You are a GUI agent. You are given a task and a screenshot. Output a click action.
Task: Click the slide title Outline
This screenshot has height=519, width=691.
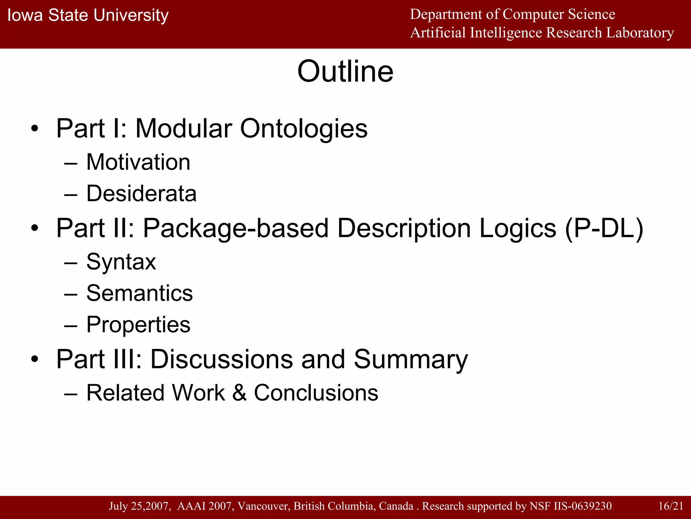345,72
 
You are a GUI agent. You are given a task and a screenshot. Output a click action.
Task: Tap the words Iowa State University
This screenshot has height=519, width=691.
88,16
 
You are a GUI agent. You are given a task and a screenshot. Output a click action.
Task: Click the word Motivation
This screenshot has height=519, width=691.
138,162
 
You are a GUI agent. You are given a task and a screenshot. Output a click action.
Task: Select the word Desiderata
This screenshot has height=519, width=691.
141,194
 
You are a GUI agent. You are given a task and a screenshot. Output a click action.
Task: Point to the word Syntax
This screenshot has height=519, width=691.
121,262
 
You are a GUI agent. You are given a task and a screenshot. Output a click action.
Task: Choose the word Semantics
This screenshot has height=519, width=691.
139,293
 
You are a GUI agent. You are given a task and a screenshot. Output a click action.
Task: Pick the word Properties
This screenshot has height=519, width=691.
138,325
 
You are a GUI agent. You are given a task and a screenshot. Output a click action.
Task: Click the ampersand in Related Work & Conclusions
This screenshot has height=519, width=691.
239,393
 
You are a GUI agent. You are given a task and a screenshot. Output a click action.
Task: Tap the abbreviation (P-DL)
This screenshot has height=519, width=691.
604,228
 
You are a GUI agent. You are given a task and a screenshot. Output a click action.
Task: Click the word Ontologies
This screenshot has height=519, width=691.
304,129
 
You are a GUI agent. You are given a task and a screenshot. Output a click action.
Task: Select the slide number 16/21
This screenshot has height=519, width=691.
671,506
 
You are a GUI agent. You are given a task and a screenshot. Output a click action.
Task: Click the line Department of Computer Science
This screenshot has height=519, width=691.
513,14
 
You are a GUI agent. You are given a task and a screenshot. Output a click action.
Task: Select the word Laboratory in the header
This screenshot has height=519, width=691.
640,33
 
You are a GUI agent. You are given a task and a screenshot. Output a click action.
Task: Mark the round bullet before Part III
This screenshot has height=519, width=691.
35,360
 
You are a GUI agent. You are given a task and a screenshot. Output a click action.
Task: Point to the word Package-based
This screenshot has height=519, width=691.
236,228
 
